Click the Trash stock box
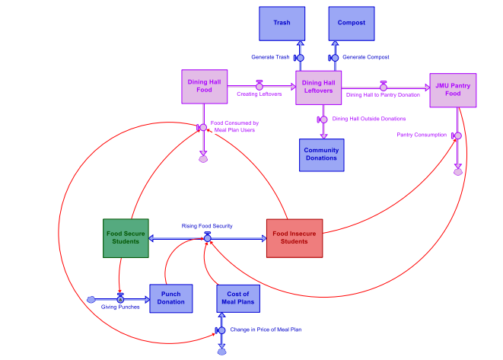click(282, 23)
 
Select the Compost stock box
click(352, 23)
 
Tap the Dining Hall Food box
click(204, 86)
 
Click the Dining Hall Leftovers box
click(318, 88)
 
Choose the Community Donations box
click(321, 155)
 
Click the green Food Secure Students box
click(125, 237)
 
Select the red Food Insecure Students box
click(295, 237)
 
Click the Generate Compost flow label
click(366, 58)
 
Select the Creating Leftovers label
click(259, 94)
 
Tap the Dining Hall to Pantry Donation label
click(383, 95)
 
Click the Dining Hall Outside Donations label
click(369, 119)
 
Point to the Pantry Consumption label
click(422, 135)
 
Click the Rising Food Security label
click(207, 226)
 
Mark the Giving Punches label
click(119, 307)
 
